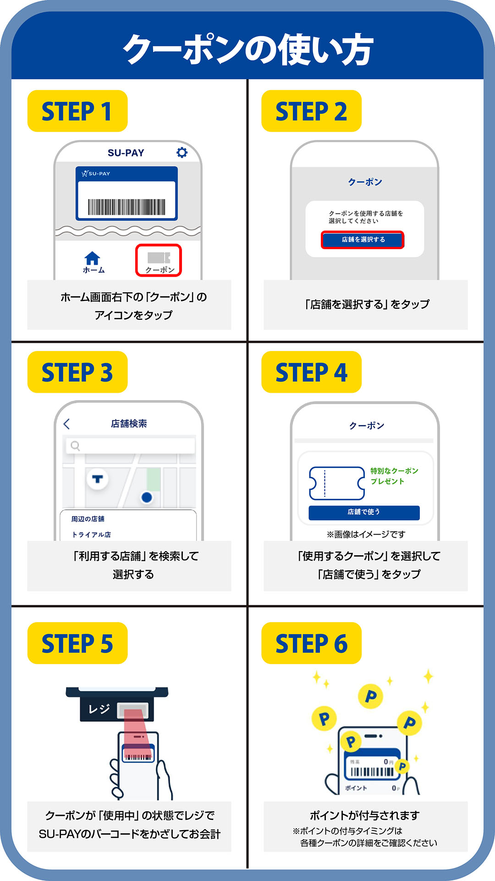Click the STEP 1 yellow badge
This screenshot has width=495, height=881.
pos(77,111)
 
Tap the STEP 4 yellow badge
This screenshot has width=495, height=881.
pos(311,372)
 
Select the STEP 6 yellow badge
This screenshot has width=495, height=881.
pos(311,643)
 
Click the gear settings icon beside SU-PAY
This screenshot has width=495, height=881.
pos(182,152)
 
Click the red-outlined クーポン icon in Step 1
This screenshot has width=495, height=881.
pos(159,260)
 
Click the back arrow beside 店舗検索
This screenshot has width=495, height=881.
pos(67,424)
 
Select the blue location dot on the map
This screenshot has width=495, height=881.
pos(147,497)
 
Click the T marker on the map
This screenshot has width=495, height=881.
pos(98,479)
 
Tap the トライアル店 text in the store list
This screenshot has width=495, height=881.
pos(91,535)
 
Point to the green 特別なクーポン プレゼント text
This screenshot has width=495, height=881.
pos(394,476)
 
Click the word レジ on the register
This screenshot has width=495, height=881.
pos(99,709)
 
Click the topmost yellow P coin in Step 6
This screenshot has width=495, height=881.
pos(370,697)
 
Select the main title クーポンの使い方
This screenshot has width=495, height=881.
pos(248,49)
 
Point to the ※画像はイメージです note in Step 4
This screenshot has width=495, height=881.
pos(366,534)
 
